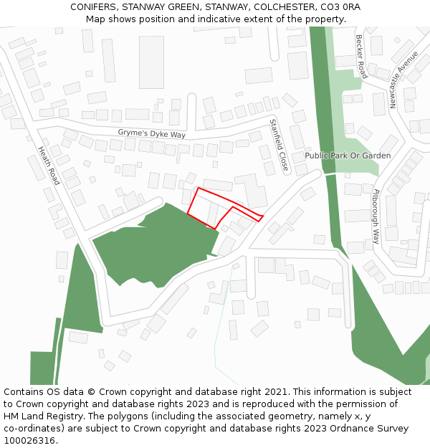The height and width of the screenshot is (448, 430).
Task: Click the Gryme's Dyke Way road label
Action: tap(151, 134)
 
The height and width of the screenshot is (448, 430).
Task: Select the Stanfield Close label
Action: tap(278, 146)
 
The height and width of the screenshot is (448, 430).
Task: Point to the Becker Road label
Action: tap(361, 57)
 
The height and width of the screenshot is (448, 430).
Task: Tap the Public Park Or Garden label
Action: tap(348, 156)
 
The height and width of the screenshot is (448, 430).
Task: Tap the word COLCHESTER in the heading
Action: tap(280, 6)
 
